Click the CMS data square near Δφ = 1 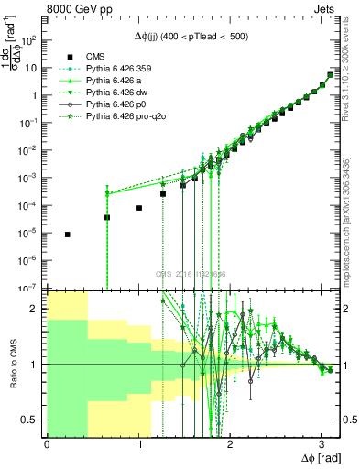pyautogui.click(x=138, y=208)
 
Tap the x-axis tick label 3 pyautogui.click(x=322, y=443)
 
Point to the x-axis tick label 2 pyautogui.click(x=230, y=443)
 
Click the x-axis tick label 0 pyautogui.click(x=47, y=443)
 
